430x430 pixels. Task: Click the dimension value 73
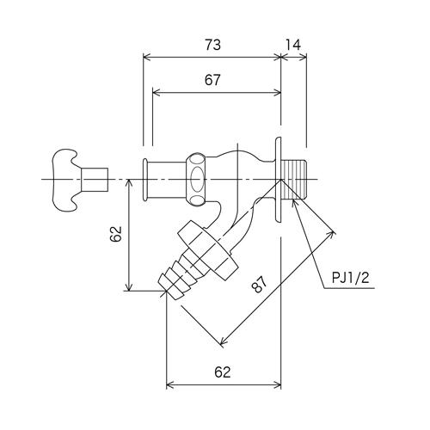coord(212,46)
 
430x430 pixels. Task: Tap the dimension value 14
coord(292,45)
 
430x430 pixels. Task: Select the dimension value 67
coord(212,80)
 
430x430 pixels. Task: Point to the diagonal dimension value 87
coord(259,284)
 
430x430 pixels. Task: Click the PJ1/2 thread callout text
coord(351,278)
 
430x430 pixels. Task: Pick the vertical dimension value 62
coord(116,234)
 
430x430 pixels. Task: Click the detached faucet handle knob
coord(64,180)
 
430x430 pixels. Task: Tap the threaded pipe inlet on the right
coord(295,180)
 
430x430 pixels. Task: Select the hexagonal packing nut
coord(196,180)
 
